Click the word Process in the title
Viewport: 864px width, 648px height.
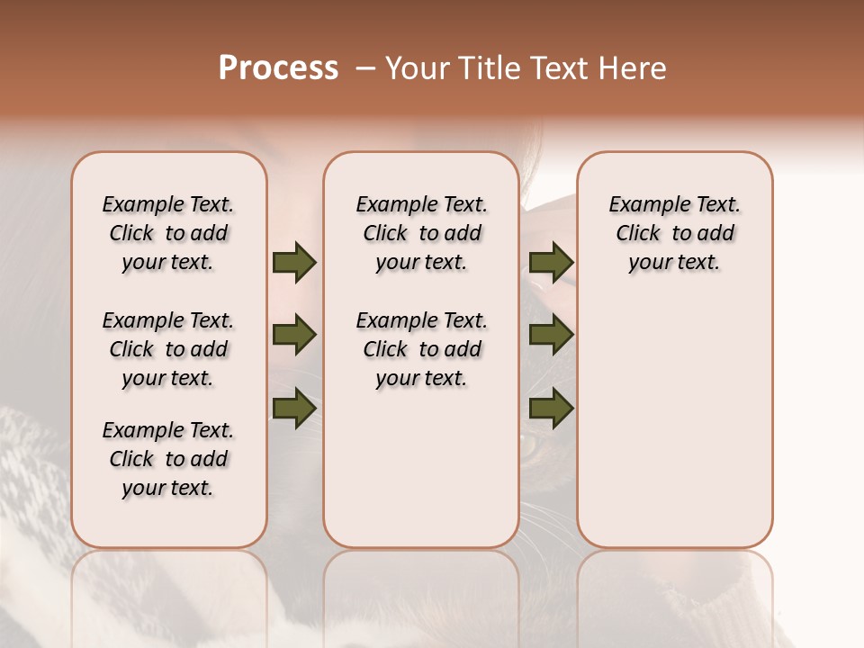point(278,68)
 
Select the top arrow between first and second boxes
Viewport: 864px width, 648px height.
point(294,263)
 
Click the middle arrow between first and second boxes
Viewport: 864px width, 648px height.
point(294,336)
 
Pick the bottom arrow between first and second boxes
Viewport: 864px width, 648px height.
point(294,409)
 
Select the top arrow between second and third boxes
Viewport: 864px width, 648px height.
point(552,263)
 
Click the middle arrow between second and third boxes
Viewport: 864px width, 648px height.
point(552,336)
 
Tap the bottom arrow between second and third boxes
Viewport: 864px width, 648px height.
point(552,409)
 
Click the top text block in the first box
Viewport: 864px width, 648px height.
point(168,233)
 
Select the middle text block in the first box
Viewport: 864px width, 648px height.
point(168,349)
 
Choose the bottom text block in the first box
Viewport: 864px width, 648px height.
point(168,459)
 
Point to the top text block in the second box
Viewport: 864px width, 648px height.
point(421,233)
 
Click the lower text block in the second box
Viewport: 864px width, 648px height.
point(421,349)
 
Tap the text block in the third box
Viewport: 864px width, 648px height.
point(675,233)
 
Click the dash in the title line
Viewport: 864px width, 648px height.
point(365,68)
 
